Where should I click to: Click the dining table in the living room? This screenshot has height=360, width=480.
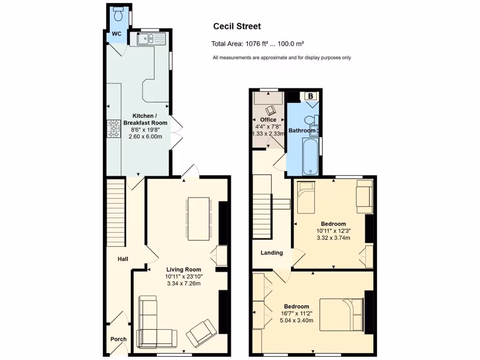(x=198, y=218)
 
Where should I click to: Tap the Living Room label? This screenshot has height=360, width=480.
(x=184, y=270)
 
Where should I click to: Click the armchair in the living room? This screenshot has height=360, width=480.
(x=202, y=333)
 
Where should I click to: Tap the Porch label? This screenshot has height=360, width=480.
(x=118, y=339)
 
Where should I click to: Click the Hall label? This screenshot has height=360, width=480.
(x=123, y=259)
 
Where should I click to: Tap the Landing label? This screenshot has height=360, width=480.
(x=272, y=253)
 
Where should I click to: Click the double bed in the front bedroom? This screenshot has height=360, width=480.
(x=341, y=315)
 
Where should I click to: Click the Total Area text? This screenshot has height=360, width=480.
(x=258, y=44)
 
